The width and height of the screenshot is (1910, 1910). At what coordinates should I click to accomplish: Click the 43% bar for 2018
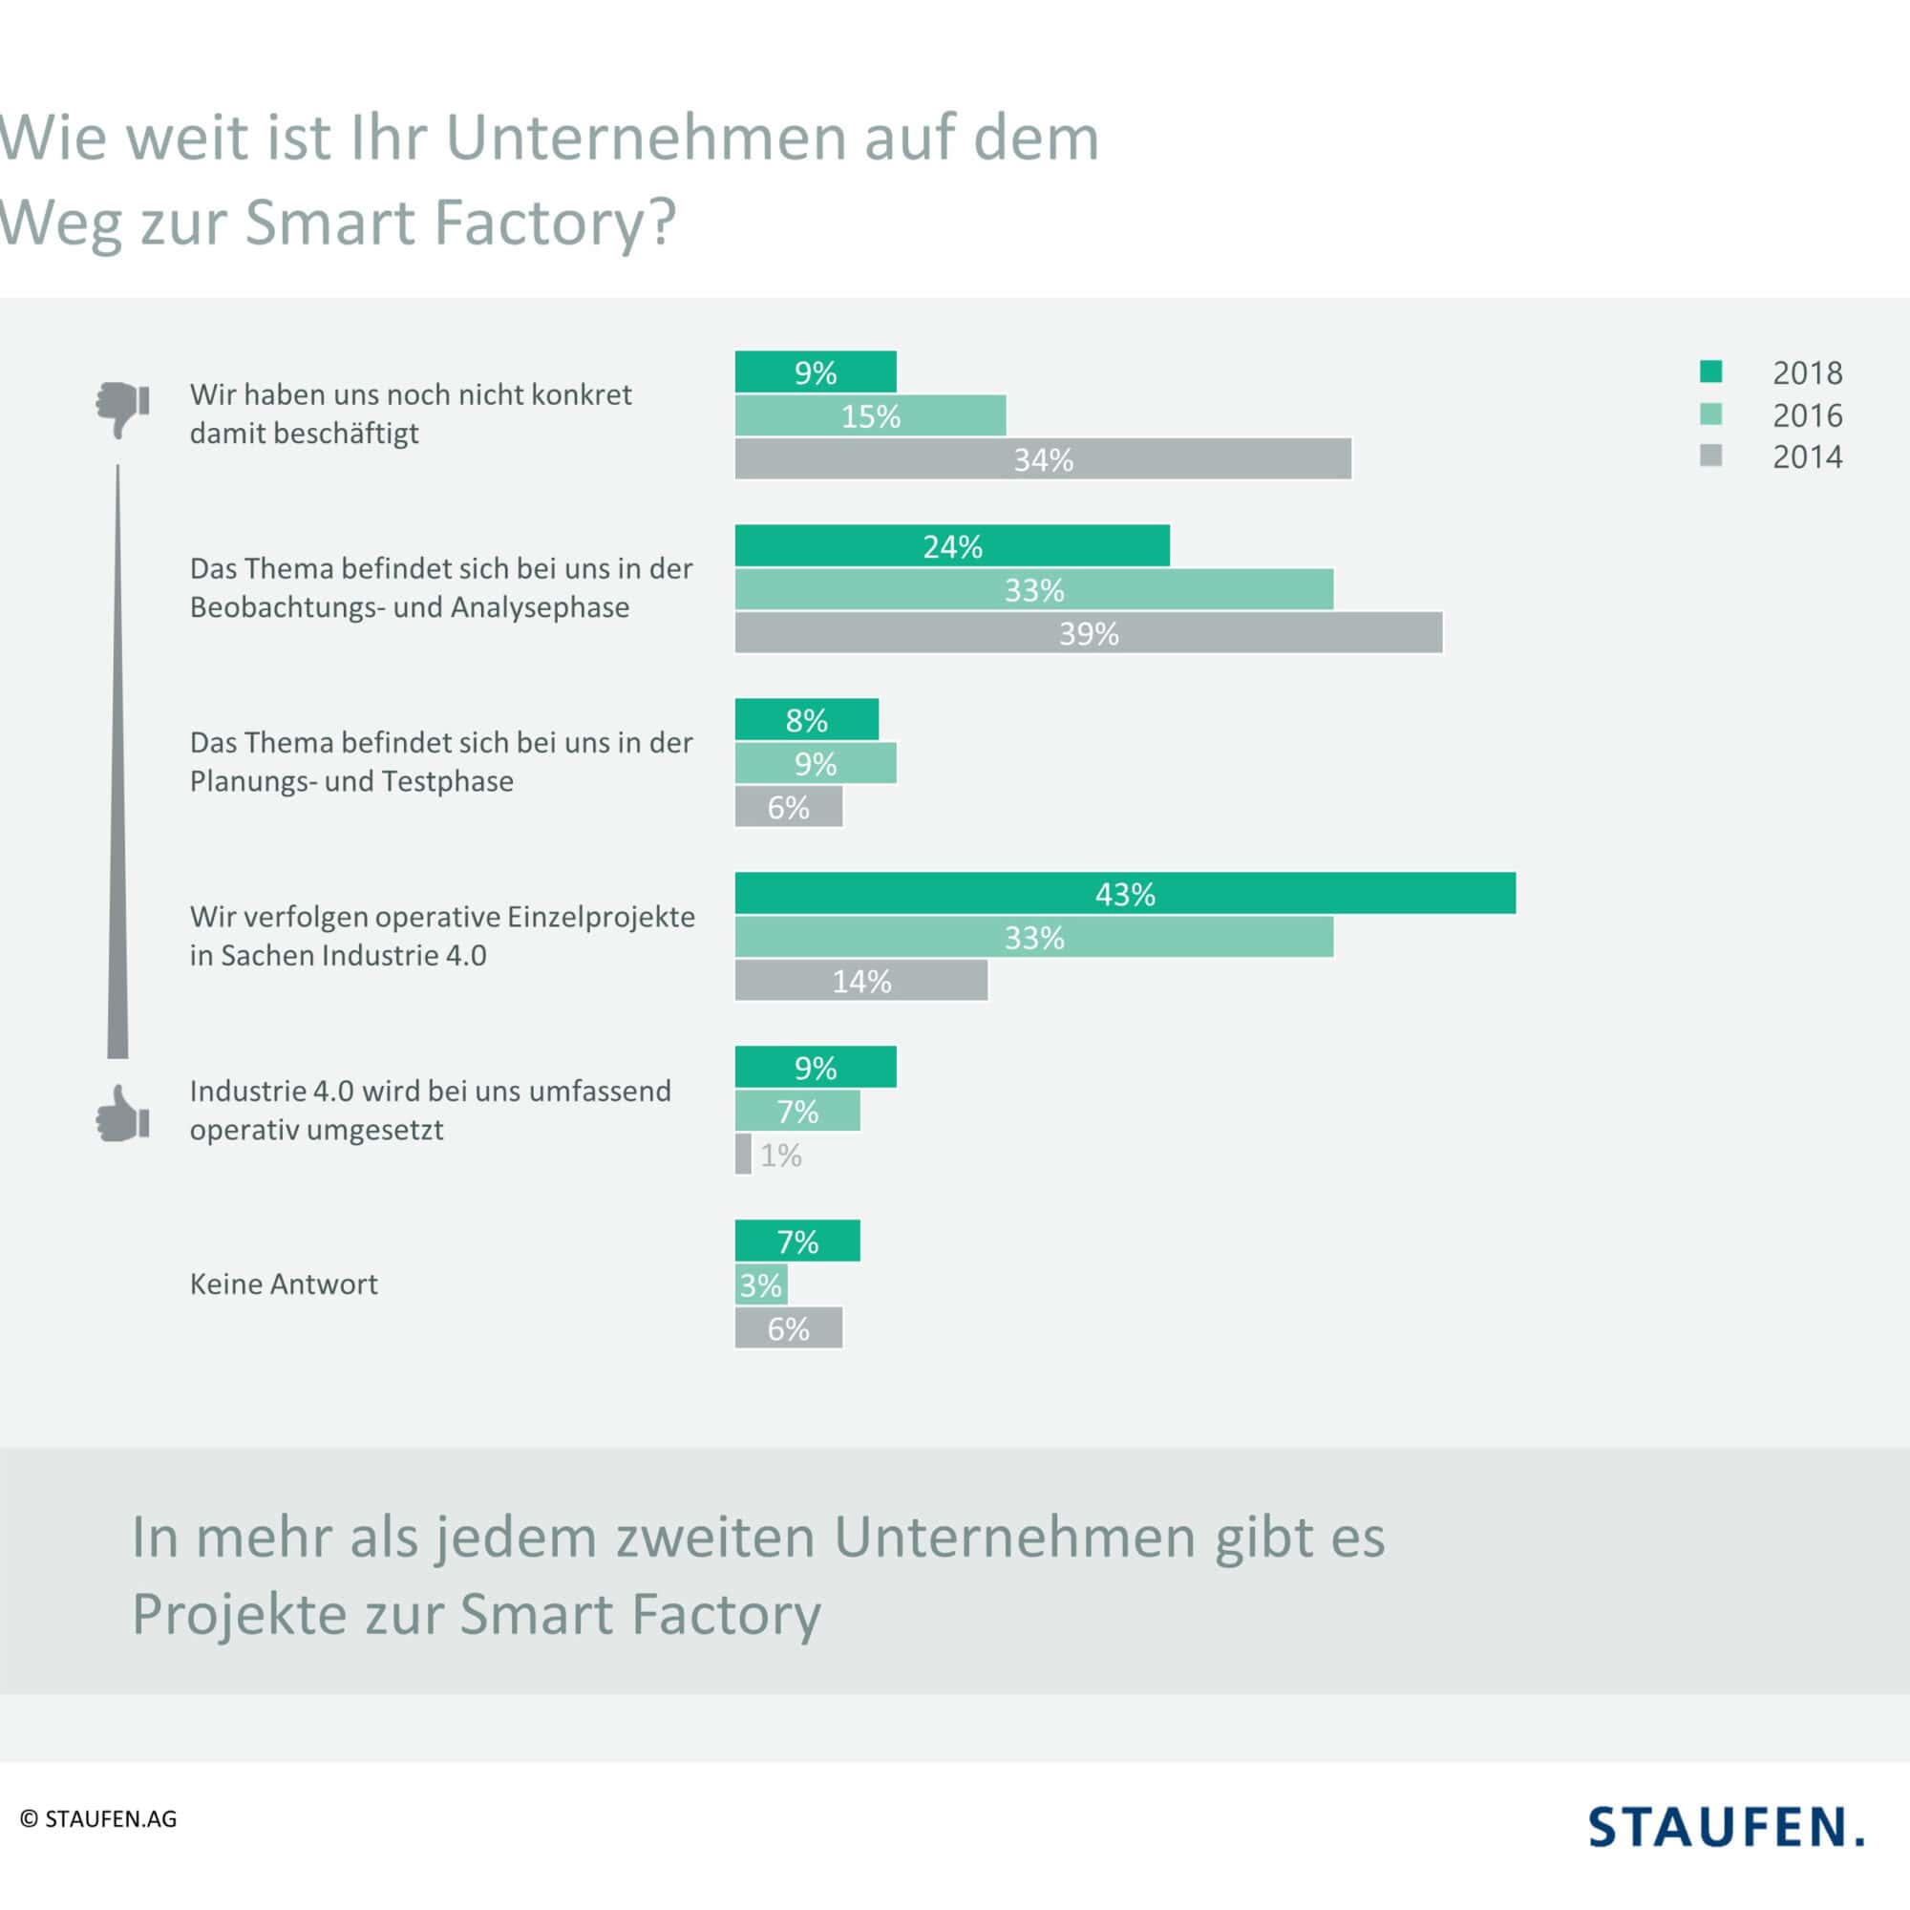click(x=1125, y=893)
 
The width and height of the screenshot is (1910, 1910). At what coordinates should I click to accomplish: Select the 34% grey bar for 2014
click(x=1043, y=458)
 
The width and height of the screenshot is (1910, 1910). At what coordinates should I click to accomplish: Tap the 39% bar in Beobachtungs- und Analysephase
click(x=1089, y=633)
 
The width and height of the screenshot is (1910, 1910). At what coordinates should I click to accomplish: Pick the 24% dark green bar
click(x=952, y=545)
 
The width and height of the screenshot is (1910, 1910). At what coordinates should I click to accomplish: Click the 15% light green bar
click(x=870, y=415)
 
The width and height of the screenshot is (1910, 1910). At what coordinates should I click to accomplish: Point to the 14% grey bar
click(x=861, y=981)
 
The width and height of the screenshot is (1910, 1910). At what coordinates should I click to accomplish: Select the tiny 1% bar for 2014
click(x=743, y=1154)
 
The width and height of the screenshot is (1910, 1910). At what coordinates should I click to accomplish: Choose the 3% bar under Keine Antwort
click(x=761, y=1284)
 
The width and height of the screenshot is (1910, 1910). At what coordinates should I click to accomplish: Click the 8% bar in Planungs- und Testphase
click(x=807, y=720)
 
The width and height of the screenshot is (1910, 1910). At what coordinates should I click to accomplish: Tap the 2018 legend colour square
click(x=1710, y=371)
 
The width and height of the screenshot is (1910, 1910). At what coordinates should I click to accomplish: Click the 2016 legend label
click(x=1807, y=415)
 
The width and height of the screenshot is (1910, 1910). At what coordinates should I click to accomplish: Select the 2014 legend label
click(x=1807, y=456)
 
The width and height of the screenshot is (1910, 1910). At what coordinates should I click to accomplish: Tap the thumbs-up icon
click(x=122, y=1114)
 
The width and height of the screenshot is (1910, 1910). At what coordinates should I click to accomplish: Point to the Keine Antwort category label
click(x=284, y=1284)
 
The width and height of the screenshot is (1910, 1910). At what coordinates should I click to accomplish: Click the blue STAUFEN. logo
click(x=1726, y=1826)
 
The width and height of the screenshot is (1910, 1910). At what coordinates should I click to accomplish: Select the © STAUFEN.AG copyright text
click(x=99, y=1819)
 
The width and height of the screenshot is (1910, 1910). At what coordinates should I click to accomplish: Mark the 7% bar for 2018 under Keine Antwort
click(x=797, y=1241)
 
